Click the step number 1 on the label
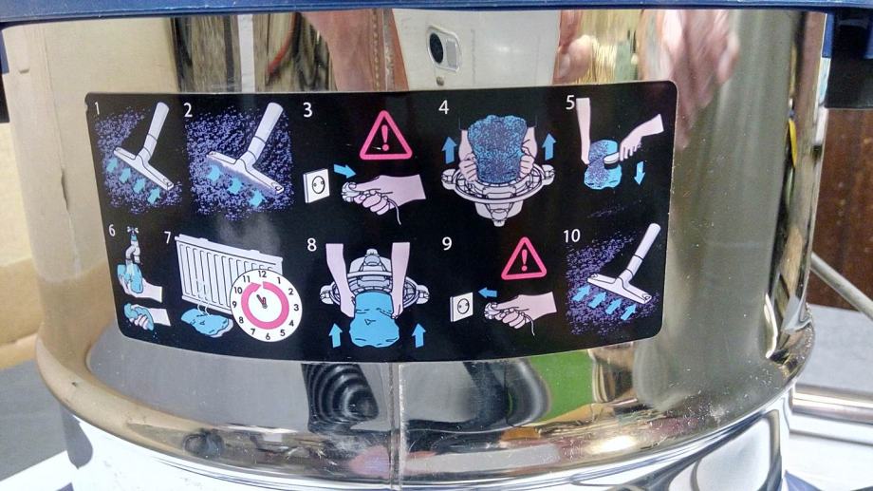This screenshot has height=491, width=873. coord(98,108)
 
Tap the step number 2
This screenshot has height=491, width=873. coord(188,110)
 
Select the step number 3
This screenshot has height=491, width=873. coord(307,110)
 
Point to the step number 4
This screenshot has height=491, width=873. coord(444,107)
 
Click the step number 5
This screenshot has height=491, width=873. coord(570,102)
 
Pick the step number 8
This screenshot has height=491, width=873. coord(312,244)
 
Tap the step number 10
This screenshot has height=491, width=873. coord(572,236)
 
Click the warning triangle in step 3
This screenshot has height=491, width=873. coord(385,137)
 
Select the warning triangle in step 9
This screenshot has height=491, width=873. coord(524,260)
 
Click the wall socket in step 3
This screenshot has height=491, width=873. coord(316,185)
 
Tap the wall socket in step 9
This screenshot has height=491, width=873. coord(461,306)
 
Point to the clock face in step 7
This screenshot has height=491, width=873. coord(266,305)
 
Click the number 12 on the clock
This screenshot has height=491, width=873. coord(262,274)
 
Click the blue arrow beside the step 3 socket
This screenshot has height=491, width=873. coord(344,171)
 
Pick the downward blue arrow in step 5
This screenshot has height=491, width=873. coord(640,172)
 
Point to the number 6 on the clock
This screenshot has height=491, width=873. coord(268,336)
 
